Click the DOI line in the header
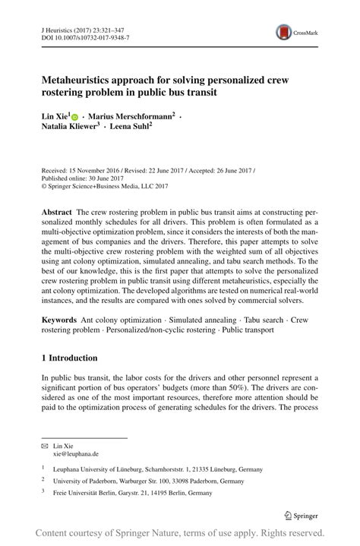coord(85,37)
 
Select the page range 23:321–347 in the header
coord(106,28)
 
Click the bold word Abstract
coord(56,209)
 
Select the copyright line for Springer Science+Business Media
coord(105,185)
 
